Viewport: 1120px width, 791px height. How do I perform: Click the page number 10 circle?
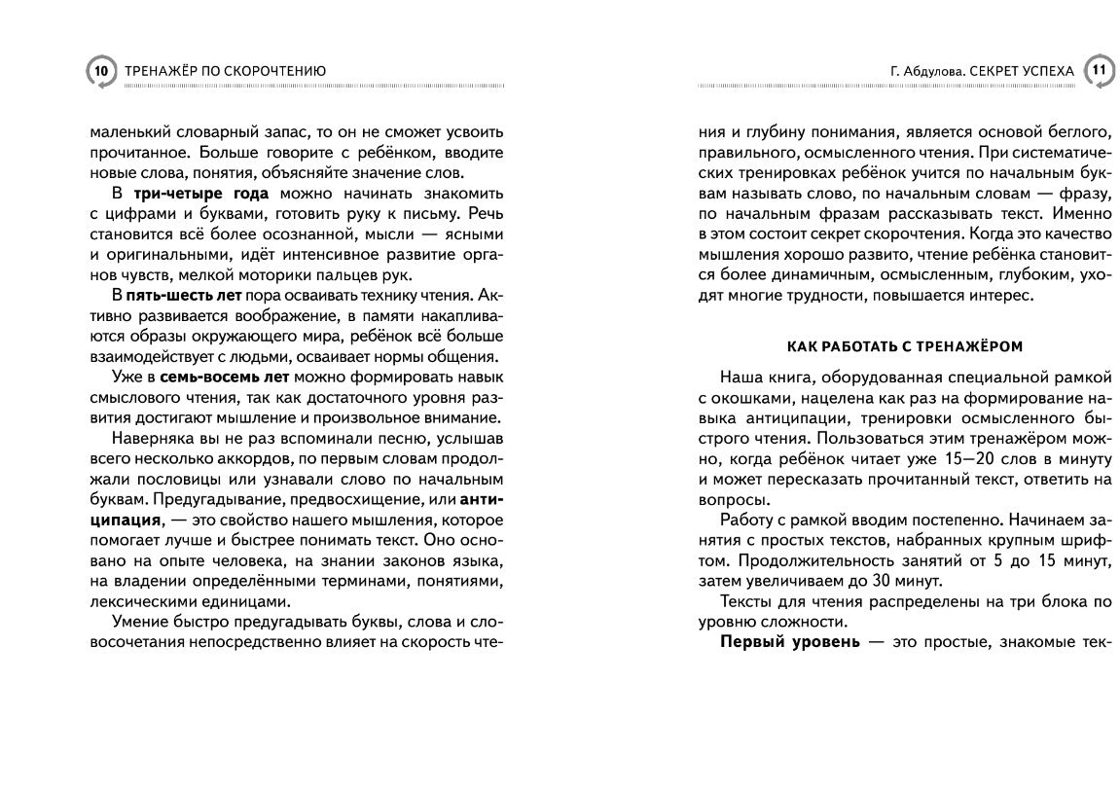100,71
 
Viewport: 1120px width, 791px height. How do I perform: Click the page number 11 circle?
1098,71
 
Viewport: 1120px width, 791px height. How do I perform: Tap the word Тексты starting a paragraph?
745,602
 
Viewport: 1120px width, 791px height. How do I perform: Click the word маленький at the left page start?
126,131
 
